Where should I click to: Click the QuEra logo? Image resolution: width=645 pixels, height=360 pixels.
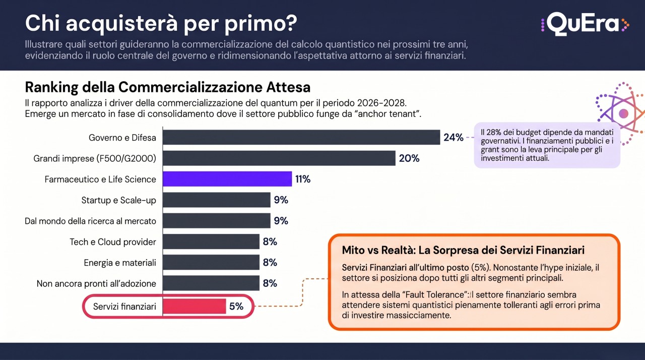point(585,24)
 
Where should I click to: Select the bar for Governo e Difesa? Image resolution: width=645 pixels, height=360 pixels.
point(301,137)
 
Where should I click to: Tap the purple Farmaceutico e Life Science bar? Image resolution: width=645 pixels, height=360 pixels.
point(227,179)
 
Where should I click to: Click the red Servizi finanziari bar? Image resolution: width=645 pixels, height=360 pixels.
point(195,306)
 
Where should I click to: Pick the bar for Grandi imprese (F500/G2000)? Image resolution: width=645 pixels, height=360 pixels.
point(279,158)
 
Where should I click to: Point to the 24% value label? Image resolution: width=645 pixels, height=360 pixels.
point(453,137)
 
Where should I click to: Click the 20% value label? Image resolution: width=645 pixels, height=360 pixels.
point(409,158)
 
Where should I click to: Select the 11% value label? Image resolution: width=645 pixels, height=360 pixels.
point(303,179)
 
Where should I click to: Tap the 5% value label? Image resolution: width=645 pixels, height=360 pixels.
point(236,306)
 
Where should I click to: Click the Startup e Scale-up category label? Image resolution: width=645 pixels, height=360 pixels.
point(118,200)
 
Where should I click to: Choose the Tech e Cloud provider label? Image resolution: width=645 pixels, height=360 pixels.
point(112,242)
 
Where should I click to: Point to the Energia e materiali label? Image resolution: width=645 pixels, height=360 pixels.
point(120,263)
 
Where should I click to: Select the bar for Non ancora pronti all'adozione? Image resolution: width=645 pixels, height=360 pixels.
point(211,283)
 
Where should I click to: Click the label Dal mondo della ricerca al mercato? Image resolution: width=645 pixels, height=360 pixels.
point(90,221)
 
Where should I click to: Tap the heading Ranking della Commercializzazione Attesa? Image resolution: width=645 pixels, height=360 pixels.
point(168,87)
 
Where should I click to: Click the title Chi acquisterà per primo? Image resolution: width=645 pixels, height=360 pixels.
point(161,23)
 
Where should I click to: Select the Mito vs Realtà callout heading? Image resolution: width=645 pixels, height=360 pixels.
point(463,250)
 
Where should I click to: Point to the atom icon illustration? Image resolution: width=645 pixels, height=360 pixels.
point(621,113)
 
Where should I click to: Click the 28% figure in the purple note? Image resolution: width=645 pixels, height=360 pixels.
point(493,132)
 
